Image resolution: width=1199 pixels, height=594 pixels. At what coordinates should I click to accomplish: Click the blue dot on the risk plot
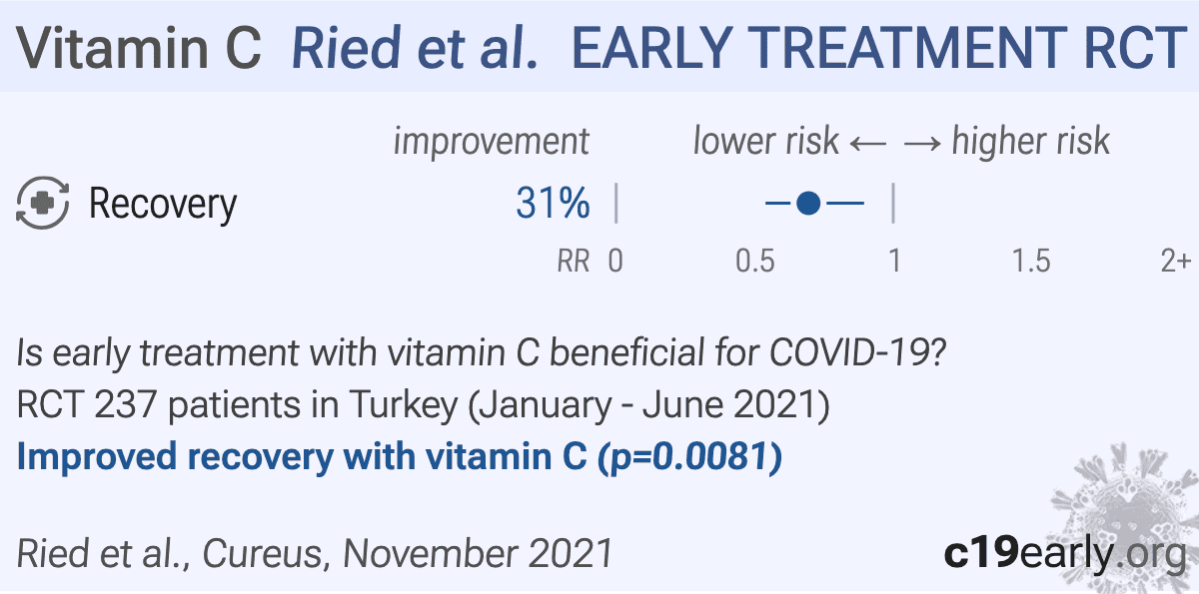pyautogui.click(x=809, y=205)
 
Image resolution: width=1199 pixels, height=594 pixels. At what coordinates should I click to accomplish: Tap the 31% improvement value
pyautogui.click(x=553, y=205)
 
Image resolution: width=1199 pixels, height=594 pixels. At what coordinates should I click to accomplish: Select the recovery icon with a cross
pyautogui.click(x=43, y=205)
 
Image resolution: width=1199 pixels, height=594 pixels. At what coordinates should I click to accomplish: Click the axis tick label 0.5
pyautogui.click(x=755, y=262)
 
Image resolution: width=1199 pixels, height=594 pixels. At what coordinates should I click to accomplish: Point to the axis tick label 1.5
pyautogui.click(x=1030, y=262)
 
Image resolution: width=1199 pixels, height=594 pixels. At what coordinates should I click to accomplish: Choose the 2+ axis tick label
pyautogui.click(x=1175, y=262)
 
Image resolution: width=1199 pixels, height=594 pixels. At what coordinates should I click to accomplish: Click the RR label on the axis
pyautogui.click(x=573, y=262)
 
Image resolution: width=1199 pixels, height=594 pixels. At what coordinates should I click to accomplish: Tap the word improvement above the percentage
pyautogui.click(x=492, y=142)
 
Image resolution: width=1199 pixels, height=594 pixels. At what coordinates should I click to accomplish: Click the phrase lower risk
pyautogui.click(x=765, y=142)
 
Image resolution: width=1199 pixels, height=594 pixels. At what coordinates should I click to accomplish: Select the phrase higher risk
pyautogui.click(x=1030, y=142)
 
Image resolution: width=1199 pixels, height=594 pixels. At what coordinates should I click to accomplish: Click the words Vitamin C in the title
pyautogui.click(x=140, y=48)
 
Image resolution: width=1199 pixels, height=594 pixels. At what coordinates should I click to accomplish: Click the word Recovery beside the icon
pyautogui.click(x=163, y=205)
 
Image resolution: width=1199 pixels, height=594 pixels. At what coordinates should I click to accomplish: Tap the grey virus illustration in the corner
pyautogui.click(x=1129, y=509)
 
